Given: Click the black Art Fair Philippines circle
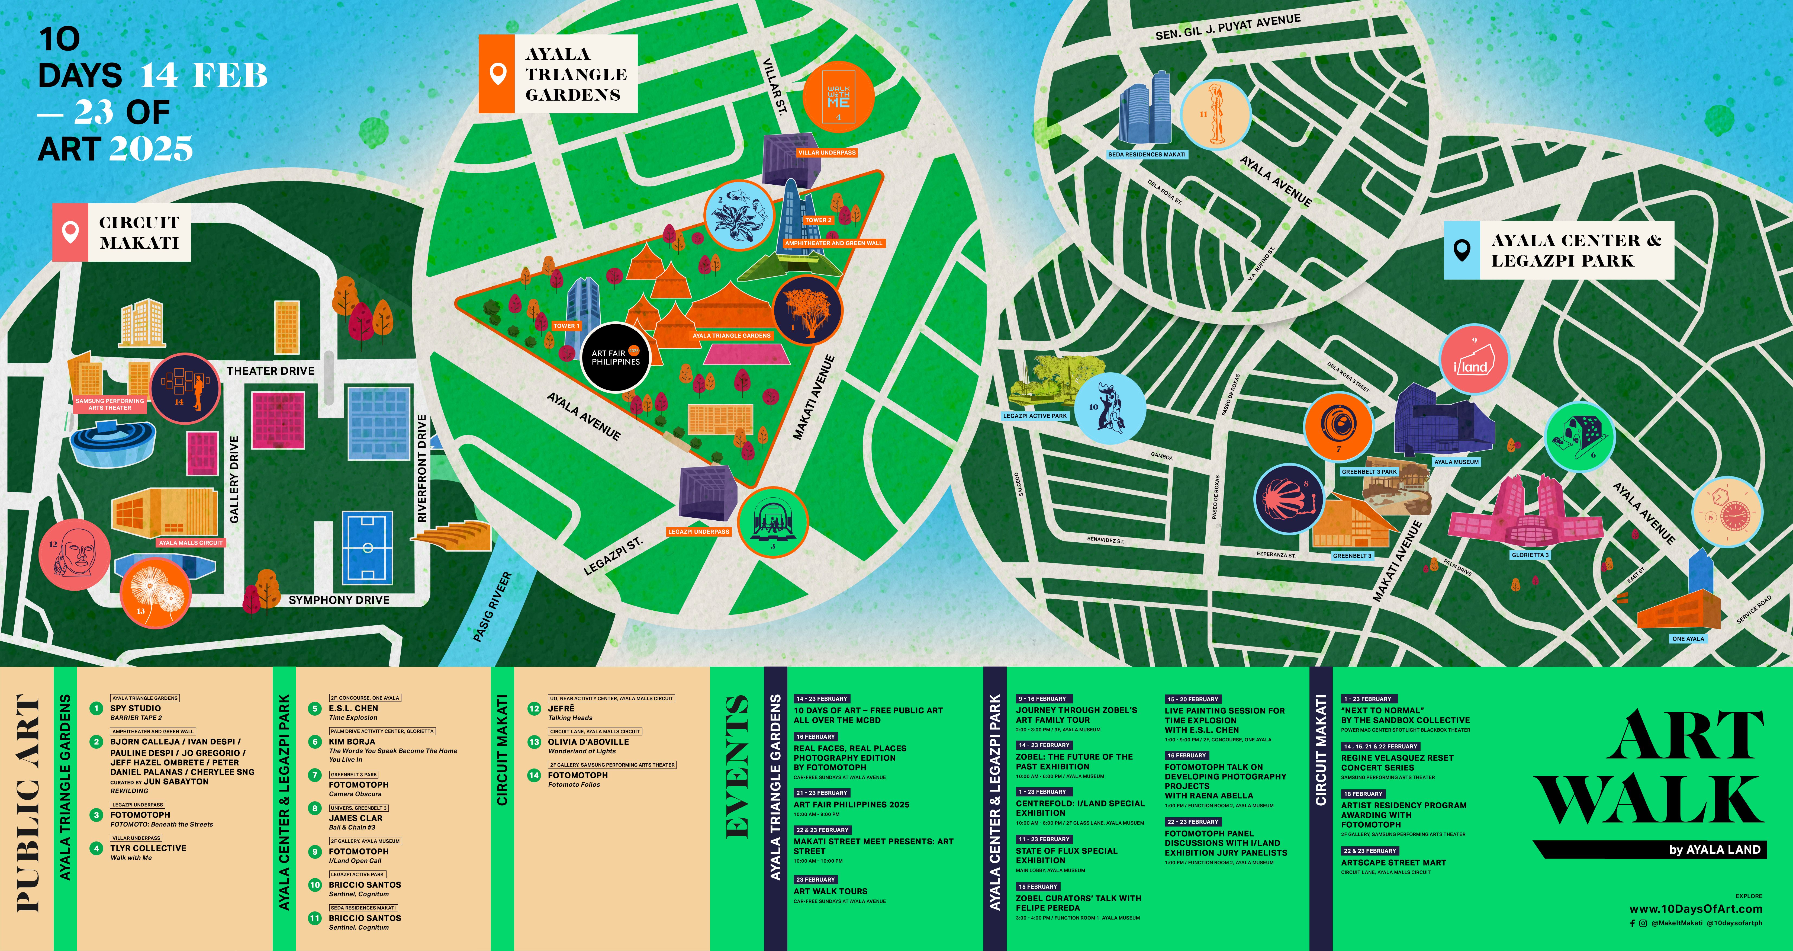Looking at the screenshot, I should tap(615, 357).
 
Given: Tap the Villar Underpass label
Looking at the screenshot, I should tap(827, 152).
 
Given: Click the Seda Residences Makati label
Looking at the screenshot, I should tap(1146, 155).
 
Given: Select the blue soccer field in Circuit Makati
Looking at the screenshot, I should tap(368, 546).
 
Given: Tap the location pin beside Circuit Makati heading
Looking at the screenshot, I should tap(70, 232).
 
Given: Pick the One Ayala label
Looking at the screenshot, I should tap(1688, 638).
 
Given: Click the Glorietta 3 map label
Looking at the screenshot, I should tap(1530, 555).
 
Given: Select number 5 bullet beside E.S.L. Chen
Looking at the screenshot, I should tap(315, 709).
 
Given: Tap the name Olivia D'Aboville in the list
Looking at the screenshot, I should tap(588, 742).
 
